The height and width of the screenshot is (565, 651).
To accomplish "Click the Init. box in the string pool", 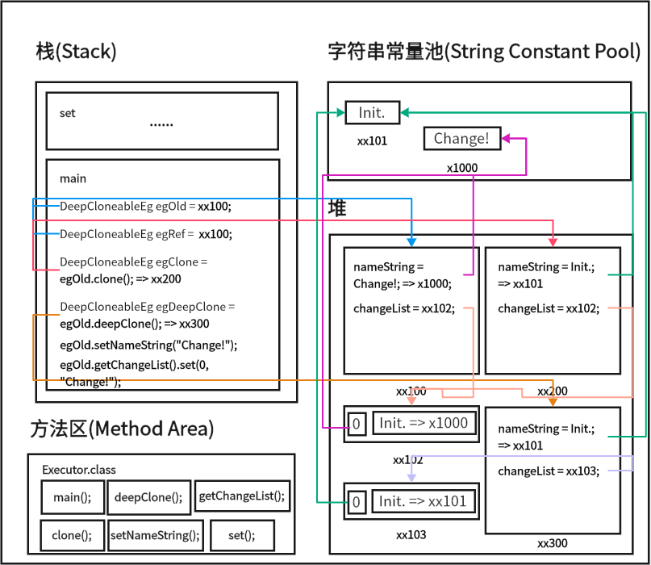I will click(372, 113).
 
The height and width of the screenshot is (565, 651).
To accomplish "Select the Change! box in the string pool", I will click(461, 139).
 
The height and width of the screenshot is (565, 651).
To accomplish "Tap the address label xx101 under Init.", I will click(373, 141).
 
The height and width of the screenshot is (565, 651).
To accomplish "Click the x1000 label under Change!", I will click(462, 168).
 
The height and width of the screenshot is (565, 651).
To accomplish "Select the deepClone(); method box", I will click(148, 497).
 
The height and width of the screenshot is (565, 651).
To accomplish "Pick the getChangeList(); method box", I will click(241, 496).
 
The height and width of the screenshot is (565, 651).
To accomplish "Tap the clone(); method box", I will click(72, 535).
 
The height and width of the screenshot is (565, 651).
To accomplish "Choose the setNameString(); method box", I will click(154, 535).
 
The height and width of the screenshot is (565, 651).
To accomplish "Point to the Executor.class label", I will click(79, 469).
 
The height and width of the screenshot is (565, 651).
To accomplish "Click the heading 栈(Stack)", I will click(77, 52).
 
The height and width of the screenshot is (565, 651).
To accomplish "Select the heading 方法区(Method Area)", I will click(122, 429).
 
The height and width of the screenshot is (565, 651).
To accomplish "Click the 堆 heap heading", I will click(337, 208).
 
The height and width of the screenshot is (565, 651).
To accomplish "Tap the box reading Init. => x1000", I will click(424, 423).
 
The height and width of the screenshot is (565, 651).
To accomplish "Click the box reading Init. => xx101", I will click(423, 501).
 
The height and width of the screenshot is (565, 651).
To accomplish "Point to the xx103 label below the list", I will click(411, 535).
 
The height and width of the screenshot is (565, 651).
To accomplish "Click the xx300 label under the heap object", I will click(553, 543).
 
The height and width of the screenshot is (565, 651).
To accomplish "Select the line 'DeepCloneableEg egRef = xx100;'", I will click(145, 234).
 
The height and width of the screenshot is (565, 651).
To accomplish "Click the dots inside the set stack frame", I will click(161, 125).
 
